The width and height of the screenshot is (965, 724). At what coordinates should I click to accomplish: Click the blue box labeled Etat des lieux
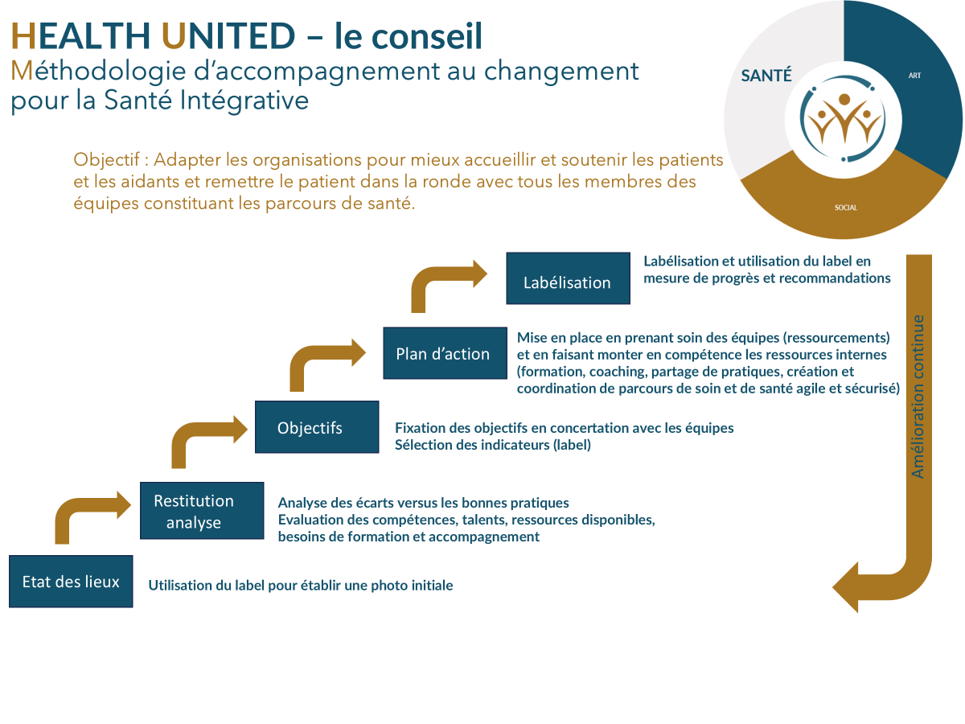[71, 581]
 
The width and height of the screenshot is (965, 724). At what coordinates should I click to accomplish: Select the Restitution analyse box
[202, 510]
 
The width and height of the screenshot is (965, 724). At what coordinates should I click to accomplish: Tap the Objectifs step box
[317, 427]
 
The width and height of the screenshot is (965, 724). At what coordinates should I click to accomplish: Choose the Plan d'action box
[445, 353]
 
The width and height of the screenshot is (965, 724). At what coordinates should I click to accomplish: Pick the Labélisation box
[568, 278]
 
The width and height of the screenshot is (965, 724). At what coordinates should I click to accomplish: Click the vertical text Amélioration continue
[918, 397]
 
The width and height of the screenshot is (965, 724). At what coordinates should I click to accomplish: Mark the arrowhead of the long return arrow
[846, 587]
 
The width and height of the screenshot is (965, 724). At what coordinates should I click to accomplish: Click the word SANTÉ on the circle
[766, 76]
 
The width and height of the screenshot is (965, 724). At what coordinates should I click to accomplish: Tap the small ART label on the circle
[914, 76]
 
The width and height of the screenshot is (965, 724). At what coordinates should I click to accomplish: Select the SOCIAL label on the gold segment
[846, 208]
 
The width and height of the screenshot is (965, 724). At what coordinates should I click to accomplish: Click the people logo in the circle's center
[844, 119]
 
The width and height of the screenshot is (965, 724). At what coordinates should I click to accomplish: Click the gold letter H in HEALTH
[23, 36]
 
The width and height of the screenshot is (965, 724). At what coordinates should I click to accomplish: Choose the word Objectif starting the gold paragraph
[106, 159]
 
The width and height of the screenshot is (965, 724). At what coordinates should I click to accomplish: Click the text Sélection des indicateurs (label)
[492, 445]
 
